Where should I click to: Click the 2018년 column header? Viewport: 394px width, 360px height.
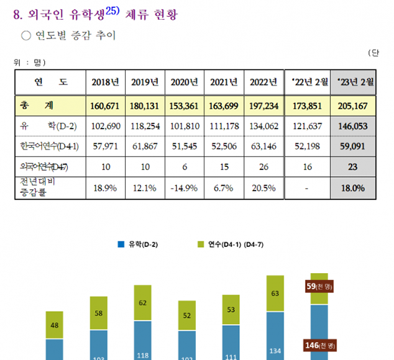104,82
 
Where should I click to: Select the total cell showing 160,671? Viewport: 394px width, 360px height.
104,106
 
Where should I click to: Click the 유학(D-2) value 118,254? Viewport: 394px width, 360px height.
145,126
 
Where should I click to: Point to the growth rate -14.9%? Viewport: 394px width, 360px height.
185,187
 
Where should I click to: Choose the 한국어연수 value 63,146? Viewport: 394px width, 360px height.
263,146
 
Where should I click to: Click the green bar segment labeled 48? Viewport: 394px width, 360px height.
54,325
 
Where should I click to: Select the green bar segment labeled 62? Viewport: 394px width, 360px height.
143,303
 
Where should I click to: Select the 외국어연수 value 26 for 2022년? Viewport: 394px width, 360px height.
263,166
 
